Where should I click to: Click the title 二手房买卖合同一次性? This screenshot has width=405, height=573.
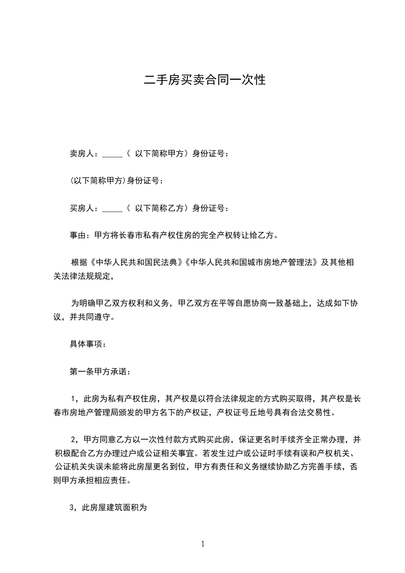(x=204, y=80)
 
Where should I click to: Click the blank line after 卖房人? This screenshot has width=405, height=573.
(x=112, y=154)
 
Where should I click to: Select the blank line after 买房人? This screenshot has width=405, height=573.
(x=112, y=208)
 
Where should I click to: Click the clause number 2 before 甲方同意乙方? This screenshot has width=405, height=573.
(x=74, y=440)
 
